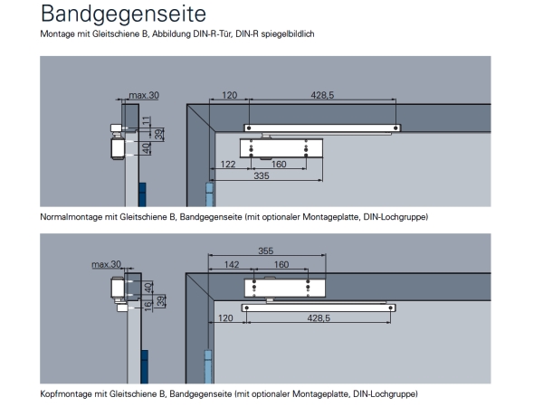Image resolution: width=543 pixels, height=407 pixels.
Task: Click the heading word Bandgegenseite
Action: [123, 14]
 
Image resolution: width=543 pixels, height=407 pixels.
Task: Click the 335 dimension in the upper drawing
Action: [262, 175]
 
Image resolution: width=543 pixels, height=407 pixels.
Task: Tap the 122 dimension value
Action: [228, 164]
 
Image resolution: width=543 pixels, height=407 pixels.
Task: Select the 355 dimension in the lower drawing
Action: [265, 251]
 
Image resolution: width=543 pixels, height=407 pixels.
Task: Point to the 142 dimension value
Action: [232, 264]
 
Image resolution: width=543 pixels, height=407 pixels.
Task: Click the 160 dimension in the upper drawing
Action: [279, 164]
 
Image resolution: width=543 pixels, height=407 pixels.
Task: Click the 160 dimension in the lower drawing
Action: [281, 264]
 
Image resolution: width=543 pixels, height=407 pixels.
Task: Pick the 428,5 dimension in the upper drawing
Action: [322, 95]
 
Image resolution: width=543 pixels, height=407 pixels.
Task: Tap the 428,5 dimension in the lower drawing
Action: [319, 317]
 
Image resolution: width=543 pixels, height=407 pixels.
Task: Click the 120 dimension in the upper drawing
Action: [230, 95]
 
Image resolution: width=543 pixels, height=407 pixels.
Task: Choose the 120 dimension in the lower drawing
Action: [225, 317]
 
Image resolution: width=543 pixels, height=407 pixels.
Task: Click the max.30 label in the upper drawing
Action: [144, 95]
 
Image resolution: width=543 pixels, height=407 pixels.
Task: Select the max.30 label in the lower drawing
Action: [106, 264]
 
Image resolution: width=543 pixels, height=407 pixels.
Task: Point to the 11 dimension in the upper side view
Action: [147, 121]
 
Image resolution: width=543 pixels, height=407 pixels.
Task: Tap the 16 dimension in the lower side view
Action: [148, 306]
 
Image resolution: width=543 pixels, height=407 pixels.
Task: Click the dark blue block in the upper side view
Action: [142, 194]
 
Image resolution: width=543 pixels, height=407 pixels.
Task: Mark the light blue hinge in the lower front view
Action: [208, 367]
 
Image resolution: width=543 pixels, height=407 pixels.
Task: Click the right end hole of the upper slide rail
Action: [395, 128]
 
